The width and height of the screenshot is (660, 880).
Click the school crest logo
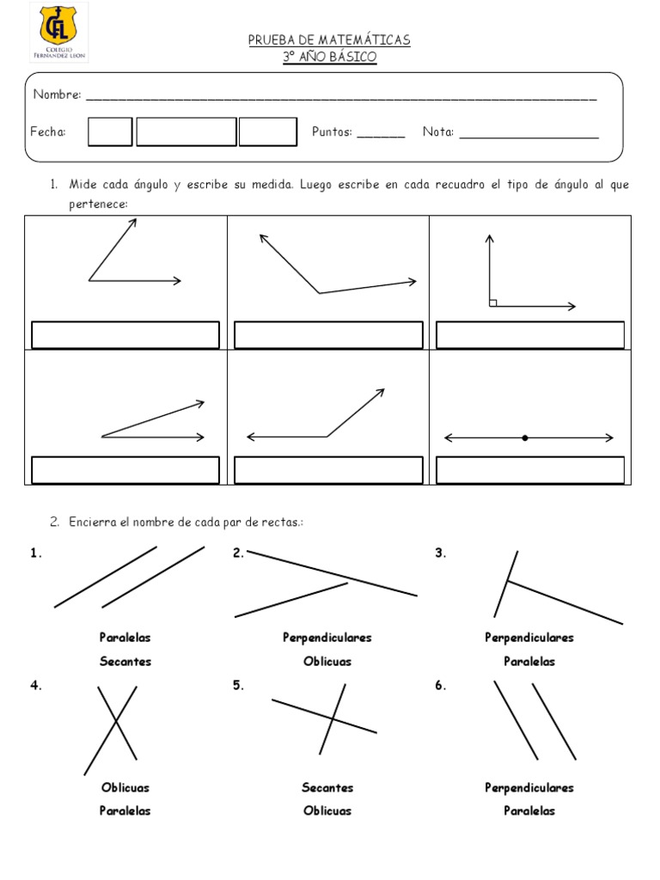coord(58,32)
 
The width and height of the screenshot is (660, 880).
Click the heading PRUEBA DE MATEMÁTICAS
coord(329,40)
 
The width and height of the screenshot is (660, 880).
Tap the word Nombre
coord(57,95)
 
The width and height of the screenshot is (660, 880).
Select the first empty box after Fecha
coord(110,132)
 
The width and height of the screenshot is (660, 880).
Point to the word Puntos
coord(332,132)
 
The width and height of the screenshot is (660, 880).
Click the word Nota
coord(438,132)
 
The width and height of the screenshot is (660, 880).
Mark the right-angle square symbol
coord(493,302)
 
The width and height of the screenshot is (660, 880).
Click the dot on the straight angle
coord(525,438)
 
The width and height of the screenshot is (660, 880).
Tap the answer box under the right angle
coord(530,335)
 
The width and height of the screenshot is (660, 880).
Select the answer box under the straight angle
coord(530,470)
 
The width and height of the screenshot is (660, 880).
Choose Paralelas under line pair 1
coord(125,638)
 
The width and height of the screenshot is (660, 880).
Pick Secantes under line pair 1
coord(125,661)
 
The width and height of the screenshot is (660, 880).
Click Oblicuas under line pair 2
coord(327,661)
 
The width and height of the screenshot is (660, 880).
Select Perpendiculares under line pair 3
coord(529,638)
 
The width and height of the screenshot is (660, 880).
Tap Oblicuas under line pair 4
coord(125,787)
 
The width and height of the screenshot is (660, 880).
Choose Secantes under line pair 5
coord(327,787)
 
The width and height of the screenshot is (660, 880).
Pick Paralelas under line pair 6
coord(529,810)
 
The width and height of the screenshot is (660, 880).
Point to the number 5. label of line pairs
coord(238,686)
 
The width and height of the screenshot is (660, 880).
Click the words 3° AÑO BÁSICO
coord(329,57)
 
